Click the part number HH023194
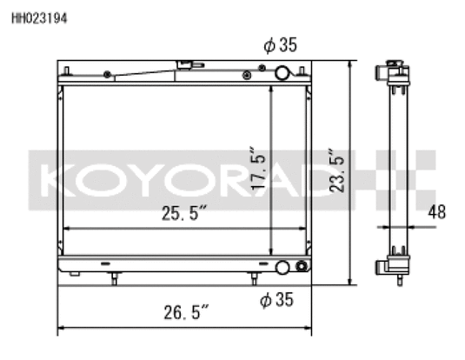[x=39, y=18]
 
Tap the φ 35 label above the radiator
[x=280, y=45]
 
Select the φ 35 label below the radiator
[x=276, y=299]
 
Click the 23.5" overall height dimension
[x=336, y=170]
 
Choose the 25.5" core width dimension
[x=184, y=213]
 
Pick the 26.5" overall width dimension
[x=186, y=312]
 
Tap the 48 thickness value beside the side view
[x=437, y=212]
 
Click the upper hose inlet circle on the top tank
[x=282, y=73]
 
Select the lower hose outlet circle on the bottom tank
[x=282, y=267]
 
